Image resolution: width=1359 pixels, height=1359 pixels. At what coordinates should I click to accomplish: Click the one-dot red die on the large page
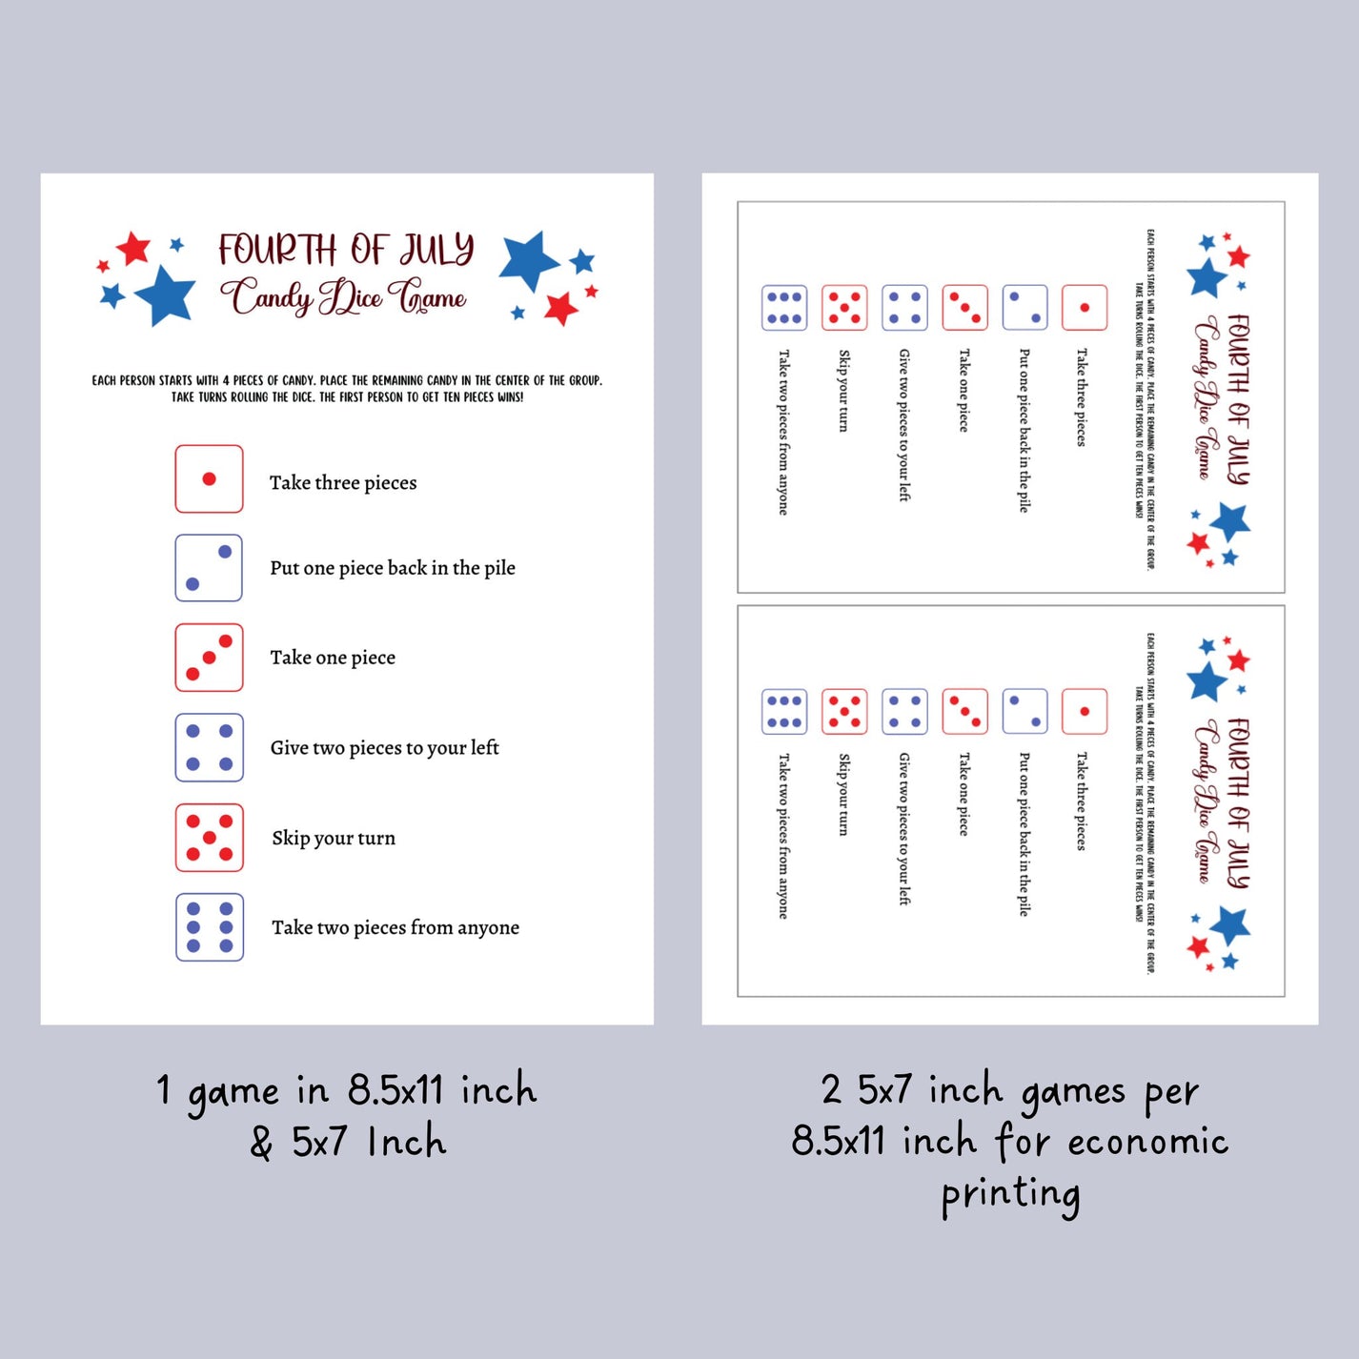209,478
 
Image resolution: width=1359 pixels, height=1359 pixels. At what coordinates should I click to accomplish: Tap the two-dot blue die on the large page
209,568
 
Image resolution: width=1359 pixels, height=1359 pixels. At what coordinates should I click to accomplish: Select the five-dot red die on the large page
209,838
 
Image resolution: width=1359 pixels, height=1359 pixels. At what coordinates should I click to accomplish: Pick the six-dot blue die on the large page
210,927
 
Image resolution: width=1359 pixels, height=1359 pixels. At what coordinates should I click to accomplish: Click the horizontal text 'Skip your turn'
334,838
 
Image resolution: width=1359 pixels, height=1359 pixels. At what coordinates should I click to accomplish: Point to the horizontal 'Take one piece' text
333,658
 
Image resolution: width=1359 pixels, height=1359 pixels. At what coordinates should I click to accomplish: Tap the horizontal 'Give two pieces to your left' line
384,748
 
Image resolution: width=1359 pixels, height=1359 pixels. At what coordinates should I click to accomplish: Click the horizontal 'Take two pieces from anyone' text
396,927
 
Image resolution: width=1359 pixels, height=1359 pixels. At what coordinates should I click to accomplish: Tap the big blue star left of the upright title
166,295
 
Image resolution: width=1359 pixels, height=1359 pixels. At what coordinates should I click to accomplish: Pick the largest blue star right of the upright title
529,259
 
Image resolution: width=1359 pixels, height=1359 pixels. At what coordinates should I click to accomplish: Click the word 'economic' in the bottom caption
1147,1142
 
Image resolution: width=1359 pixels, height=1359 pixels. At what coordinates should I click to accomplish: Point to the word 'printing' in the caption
1011,1195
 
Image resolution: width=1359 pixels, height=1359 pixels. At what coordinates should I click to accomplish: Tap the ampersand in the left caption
261,1142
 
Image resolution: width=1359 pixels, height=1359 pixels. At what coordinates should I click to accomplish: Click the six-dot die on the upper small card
784,308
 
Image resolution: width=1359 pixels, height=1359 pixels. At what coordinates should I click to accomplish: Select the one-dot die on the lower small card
1085,712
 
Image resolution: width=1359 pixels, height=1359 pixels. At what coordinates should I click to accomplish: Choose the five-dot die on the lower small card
844,712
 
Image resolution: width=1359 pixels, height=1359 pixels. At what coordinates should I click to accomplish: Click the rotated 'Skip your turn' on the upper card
843,391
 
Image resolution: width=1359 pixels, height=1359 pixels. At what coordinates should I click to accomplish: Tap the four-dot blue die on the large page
209,748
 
